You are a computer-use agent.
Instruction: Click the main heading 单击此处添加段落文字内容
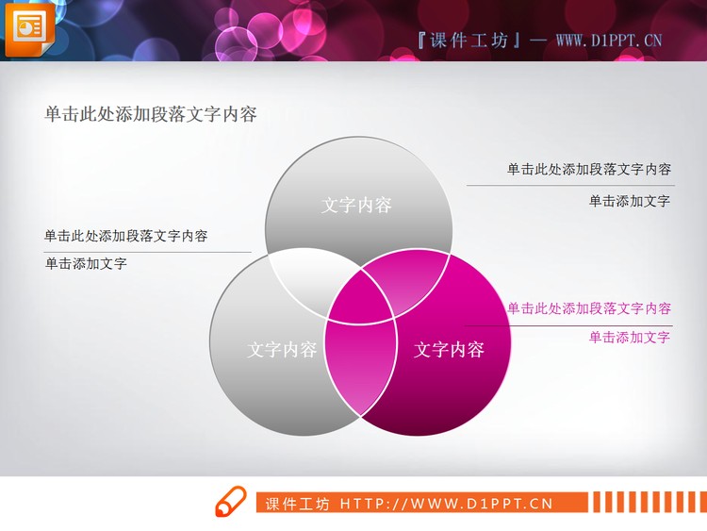coord(151,115)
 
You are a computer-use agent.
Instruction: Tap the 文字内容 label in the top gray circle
coord(356,205)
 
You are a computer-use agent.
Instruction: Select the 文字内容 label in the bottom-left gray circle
coord(282,350)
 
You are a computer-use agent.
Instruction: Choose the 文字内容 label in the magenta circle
coord(449,350)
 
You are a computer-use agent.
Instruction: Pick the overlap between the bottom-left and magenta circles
coord(359,363)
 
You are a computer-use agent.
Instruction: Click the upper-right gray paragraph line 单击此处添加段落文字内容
coord(589,170)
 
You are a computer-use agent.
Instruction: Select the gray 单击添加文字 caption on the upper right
coord(629,201)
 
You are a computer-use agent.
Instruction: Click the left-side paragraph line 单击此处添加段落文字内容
coord(126,236)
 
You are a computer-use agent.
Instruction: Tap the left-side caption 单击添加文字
coord(86,264)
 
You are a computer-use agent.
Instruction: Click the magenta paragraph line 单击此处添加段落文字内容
coord(589,308)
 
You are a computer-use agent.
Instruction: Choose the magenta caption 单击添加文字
coord(629,337)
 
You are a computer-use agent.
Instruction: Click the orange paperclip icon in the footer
coord(230,502)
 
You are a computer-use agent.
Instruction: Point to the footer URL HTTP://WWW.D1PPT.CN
coord(446,504)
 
